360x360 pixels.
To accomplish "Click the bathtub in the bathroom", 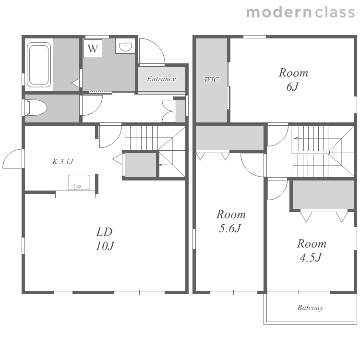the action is [x=39, y=65].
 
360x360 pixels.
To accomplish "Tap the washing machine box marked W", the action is [x=93, y=48].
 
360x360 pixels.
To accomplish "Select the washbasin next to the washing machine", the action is [x=125, y=47].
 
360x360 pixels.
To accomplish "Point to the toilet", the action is [x=36, y=108].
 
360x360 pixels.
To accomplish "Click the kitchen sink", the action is [x=79, y=182].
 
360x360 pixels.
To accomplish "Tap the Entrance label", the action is [x=161, y=79].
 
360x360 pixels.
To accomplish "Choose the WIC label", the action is [x=212, y=80].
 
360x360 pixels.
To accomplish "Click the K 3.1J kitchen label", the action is [x=63, y=162].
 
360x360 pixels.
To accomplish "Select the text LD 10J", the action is [x=105, y=239].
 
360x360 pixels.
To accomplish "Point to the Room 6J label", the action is [x=293, y=79].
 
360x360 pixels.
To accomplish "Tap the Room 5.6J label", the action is [x=231, y=221].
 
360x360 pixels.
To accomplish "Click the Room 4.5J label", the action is [x=312, y=250].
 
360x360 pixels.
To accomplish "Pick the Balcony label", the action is [x=310, y=308].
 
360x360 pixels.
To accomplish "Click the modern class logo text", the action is [x=300, y=12].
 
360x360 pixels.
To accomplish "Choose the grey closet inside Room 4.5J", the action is [x=323, y=195].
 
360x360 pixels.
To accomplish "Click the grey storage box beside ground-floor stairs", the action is [x=140, y=165].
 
